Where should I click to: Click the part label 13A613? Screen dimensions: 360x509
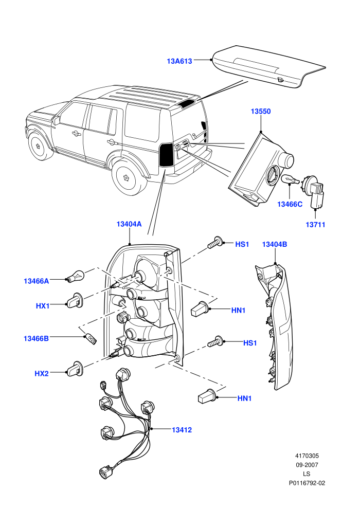(x=179, y=61)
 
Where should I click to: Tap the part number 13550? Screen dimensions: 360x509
(x=261, y=112)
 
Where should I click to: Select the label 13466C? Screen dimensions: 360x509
(x=290, y=204)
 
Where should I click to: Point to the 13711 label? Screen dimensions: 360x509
(x=315, y=224)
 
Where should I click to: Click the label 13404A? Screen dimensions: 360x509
(x=129, y=224)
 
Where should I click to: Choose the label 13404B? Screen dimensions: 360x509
(x=274, y=244)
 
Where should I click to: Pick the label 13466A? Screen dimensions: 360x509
(x=37, y=281)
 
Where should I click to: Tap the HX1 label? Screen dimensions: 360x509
(x=43, y=306)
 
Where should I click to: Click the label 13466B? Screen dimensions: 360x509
(x=36, y=339)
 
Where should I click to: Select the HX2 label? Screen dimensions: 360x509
(x=42, y=374)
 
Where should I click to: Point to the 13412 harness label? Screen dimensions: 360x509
(x=182, y=430)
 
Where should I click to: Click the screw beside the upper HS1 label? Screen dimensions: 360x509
(x=215, y=243)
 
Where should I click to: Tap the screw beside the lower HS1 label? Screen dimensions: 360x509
(x=215, y=342)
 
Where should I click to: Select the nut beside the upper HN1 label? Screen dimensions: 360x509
(x=200, y=308)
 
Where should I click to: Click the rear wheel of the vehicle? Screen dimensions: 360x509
(x=128, y=178)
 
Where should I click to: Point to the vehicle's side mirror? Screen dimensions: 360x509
(x=57, y=121)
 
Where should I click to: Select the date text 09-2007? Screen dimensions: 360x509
(x=307, y=465)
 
